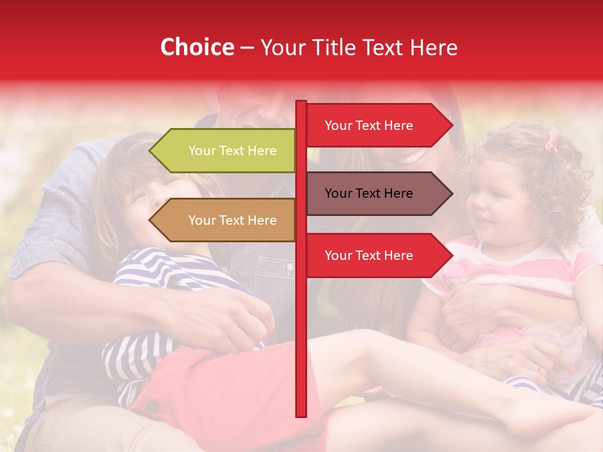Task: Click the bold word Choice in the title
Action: (x=197, y=47)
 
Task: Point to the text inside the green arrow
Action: (x=232, y=151)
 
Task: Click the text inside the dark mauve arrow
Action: (x=369, y=193)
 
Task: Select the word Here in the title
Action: (x=433, y=47)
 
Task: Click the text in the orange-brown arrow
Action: (x=232, y=220)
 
